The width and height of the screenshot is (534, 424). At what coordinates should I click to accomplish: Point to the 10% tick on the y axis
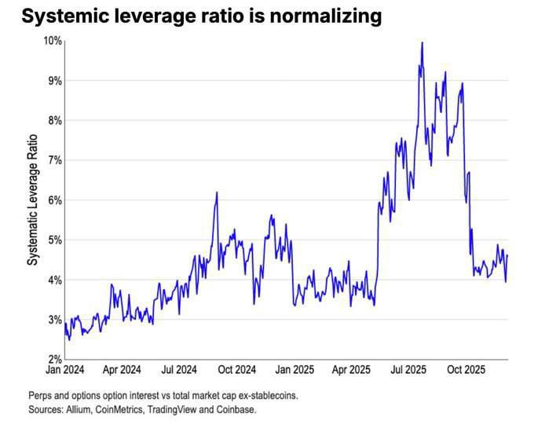coord(53,41)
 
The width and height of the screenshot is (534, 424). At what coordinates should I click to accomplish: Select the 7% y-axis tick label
coord(55,160)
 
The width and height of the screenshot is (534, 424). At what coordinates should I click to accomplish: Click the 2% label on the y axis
coord(55,360)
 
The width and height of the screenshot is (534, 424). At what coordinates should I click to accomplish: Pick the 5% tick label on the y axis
coord(55,239)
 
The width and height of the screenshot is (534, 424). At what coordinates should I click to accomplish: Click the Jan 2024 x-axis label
coord(64,370)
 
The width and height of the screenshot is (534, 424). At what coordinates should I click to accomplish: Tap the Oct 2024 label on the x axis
coord(237,370)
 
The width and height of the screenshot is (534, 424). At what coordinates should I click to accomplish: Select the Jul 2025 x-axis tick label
coord(408,370)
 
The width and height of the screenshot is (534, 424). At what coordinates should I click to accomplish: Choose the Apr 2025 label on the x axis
coord(351,370)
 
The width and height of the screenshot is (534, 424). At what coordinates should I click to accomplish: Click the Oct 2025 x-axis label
coord(466,370)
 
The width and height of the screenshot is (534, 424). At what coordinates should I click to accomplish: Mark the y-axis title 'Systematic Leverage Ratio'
coord(33,200)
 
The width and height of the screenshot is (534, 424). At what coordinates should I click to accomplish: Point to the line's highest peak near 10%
coord(422,42)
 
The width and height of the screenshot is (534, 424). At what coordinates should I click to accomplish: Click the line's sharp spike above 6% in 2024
coord(217,192)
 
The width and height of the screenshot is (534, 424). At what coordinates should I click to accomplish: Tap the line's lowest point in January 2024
coord(69,340)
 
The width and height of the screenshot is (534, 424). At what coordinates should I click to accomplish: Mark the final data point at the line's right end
coord(507,255)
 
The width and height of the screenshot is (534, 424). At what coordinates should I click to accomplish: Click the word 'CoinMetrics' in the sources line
coord(119,409)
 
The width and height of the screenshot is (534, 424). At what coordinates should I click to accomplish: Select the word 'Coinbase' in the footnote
coord(236,409)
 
